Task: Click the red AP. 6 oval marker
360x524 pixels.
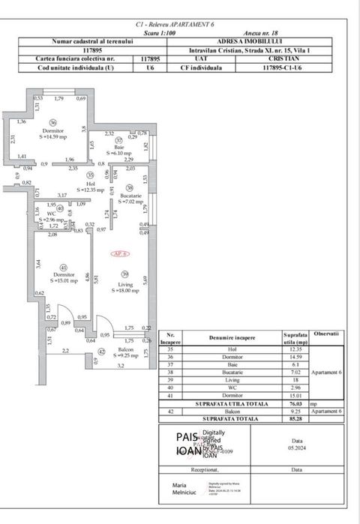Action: click(x=120, y=254)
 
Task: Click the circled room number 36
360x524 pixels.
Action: click(x=52, y=122)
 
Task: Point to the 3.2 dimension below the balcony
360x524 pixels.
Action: click(x=120, y=366)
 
